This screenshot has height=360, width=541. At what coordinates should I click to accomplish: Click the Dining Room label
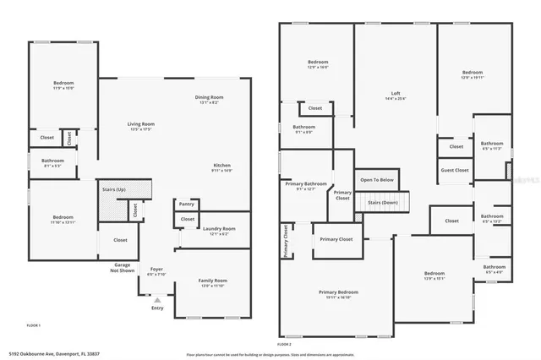click(x=209, y=97)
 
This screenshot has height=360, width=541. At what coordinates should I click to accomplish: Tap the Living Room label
click(x=141, y=123)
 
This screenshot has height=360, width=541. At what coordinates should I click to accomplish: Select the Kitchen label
click(x=221, y=165)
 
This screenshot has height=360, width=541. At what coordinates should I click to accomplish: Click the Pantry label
click(x=187, y=204)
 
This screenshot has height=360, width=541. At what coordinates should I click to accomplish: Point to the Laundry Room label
click(x=219, y=228)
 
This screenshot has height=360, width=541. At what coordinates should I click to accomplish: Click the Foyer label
click(x=156, y=269)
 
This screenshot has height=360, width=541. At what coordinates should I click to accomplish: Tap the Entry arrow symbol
click(x=156, y=299)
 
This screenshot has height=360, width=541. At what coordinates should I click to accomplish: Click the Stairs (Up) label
click(x=114, y=189)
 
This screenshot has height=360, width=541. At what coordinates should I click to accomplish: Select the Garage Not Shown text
click(x=122, y=268)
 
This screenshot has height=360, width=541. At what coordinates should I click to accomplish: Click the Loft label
click(x=395, y=93)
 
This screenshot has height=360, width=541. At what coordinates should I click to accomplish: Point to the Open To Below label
click(x=377, y=180)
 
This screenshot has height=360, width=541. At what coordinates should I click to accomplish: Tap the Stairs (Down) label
click(x=383, y=203)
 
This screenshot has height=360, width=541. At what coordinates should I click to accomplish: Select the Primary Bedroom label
click(x=338, y=292)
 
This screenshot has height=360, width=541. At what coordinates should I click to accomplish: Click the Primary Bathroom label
click(x=305, y=183)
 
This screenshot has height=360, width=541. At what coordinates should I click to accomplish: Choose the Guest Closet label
click(x=455, y=171)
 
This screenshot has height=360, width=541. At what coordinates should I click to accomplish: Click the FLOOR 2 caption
click(x=285, y=345)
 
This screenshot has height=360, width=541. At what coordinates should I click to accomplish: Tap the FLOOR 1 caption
click(x=34, y=325)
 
